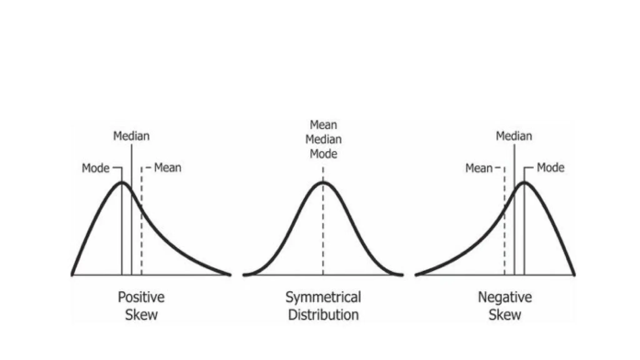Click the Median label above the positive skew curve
[131, 136]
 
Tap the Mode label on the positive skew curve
[96, 168]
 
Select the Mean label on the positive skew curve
[167, 168]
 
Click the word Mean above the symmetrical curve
[323, 125]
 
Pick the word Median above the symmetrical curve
[323, 139]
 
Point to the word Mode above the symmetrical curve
[323, 154]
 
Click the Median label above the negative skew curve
[514, 136]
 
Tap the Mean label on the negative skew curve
[479, 168]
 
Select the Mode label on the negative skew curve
[550, 168]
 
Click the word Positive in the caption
[141, 297]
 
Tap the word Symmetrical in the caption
[323, 297]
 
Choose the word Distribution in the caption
[323, 315]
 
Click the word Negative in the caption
[505, 297]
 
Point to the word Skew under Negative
[505, 315]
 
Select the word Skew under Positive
[141, 315]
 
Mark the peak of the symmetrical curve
[323, 182]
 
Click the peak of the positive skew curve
[122, 182]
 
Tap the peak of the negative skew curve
[524, 182]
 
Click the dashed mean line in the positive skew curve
[142, 237]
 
